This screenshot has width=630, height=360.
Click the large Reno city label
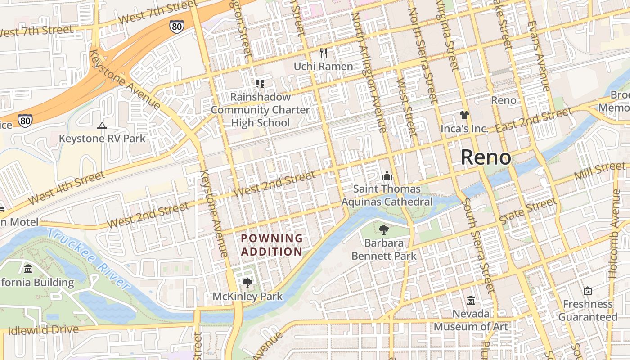(486, 157)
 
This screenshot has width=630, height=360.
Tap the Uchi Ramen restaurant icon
(324, 53)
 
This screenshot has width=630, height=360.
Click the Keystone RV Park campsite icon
(102, 126)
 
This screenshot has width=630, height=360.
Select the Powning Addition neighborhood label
(272, 245)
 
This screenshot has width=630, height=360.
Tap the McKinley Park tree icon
(247, 283)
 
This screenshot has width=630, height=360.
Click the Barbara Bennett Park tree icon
(383, 230)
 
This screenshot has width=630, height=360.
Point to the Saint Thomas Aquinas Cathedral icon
(387, 175)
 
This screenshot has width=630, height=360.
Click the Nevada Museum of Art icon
(471, 300)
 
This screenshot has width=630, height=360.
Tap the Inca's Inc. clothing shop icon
(464, 115)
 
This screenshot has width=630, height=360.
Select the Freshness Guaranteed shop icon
(587, 291)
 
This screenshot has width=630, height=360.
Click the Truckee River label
(88, 258)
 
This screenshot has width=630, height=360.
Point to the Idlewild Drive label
(43, 330)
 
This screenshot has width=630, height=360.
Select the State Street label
(528, 211)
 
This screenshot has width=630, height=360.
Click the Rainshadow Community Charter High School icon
(260, 83)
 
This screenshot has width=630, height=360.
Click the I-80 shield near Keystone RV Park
(25, 120)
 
